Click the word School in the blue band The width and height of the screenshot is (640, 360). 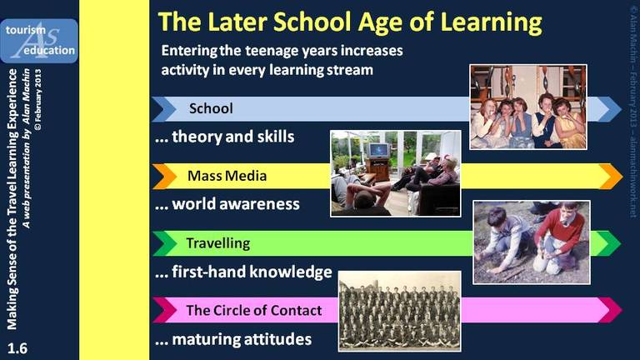pyautogui.click(x=211, y=108)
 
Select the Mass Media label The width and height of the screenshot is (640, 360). pyautogui.click(x=227, y=176)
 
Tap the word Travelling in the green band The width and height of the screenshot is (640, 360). pyautogui.click(x=218, y=243)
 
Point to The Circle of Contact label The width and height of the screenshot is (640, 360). pyautogui.click(x=254, y=310)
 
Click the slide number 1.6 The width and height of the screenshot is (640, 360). pyautogui.click(x=17, y=348)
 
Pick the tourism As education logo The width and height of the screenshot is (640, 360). pyautogui.click(x=39, y=41)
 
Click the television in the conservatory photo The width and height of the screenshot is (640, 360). pyautogui.click(x=378, y=151)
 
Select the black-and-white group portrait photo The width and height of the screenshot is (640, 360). pyautogui.click(x=400, y=311)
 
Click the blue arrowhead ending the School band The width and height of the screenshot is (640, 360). pyautogui.click(x=610, y=109)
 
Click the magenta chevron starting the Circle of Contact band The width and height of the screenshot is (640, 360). pyautogui.click(x=164, y=310)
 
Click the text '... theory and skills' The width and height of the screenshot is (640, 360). pyautogui.click(x=224, y=137)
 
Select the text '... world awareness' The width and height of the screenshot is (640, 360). pyautogui.click(x=227, y=204)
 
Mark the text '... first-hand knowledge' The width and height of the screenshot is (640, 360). pyautogui.click(x=243, y=272)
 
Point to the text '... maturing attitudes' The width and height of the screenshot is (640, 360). pyautogui.click(x=233, y=339)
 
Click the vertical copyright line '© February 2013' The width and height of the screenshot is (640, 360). pyautogui.click(x=38, y=100)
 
